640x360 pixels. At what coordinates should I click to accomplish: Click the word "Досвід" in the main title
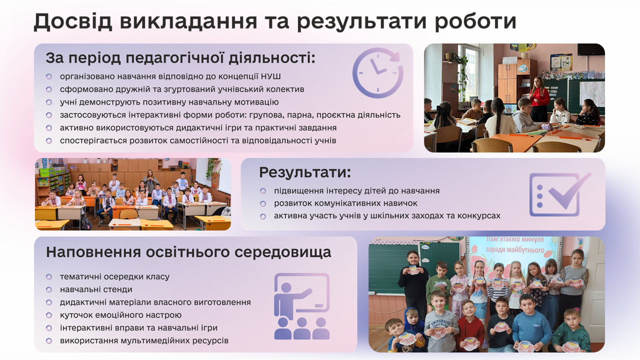(x=72, y=21)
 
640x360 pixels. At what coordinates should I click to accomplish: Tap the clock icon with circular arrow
(x=377, y=73)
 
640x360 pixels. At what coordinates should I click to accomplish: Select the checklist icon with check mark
(x=560, y=194)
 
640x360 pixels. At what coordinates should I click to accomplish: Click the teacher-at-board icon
(x=302, y=306)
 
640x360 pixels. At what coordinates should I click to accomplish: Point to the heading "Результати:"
(x=305, y=172)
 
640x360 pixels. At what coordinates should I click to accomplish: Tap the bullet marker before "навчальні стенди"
(x=49, y=289)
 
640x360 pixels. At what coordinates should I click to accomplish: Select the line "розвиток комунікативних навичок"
(x=345, y=203)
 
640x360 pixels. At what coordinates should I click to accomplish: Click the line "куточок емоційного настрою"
(x=120, y=315)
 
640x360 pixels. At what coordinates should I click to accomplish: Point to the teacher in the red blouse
(x=538, y=98)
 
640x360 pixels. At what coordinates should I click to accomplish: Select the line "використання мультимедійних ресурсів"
(x=144, y=340)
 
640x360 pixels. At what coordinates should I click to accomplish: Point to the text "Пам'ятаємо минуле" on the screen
(x=515, y=240)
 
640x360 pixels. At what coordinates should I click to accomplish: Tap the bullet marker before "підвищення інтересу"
(x=263, y=191)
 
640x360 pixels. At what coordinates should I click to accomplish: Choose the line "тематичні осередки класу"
(x=114, y=276)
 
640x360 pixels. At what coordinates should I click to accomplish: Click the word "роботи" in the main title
(x=475, y=21)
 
